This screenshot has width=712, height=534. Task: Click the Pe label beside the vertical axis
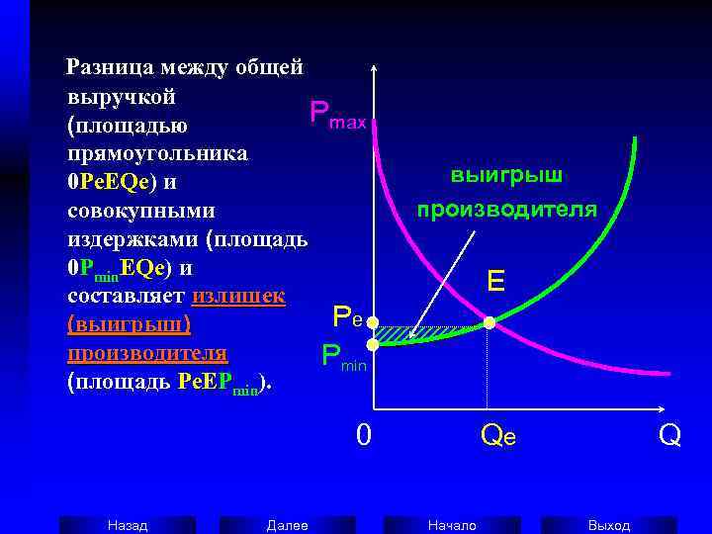pos(349,316)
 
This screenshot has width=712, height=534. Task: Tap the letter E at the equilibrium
pos(496,283)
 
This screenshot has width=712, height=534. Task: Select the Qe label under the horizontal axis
pos(497,436)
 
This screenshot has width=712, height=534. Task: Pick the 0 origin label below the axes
pos(364,435)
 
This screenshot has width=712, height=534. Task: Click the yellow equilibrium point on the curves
pos(489,322)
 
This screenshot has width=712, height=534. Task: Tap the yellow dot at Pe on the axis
pos(373,322)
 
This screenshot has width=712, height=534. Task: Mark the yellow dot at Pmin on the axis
pos(373,344)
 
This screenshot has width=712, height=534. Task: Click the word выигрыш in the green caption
pos(506,176)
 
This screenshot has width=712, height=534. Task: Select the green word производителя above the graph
pos(506,209)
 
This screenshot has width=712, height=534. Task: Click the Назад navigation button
pos(128,525)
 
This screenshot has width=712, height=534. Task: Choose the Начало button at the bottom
pos(452,525)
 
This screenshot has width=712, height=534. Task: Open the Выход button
pos(608,525)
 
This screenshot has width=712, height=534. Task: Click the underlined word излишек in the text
pos(239,296)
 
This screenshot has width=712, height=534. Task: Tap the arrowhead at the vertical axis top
pos(373,69)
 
